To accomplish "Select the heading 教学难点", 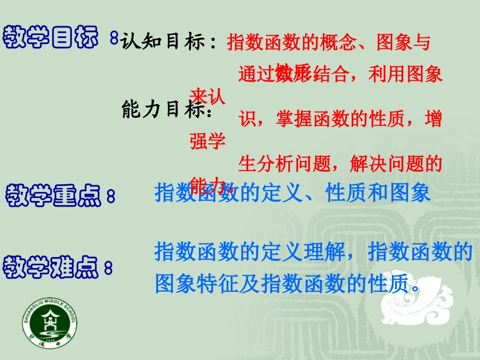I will pos(51,266).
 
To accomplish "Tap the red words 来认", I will pos(208,96).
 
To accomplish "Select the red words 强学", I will pos(208,141).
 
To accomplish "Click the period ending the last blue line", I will pos(416,288).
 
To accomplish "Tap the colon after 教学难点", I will pos(108,268).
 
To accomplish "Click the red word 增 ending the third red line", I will pos(433,119).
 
